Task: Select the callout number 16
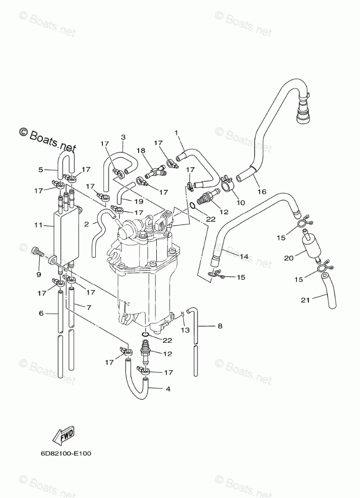pyautogui.click(x=261, y=192)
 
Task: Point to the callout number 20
pyautogui.click(x=288, y=258)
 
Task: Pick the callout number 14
pyautogui.click(x=244, y=257)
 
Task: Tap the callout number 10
pyautogui.click(x=241, y=203)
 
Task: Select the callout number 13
pyautogui.click(x=185, y=330)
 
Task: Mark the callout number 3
pyautogui.click(x=123, y=137)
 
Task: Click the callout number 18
pyautogui.click(x=141, y=150)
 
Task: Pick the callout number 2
pyautogui.click(x=86, y=223)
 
